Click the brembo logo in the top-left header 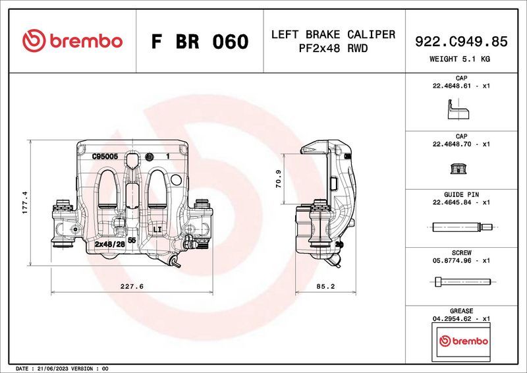[72, 41]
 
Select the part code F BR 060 [200, 42]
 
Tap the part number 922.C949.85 [461, 42]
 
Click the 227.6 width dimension [132, 287]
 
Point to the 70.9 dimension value [279, 179]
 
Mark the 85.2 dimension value [326, 287]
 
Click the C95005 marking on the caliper [105, 157]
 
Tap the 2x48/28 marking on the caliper [110, 244]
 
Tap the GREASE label [461, 310]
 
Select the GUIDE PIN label [461, 194]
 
